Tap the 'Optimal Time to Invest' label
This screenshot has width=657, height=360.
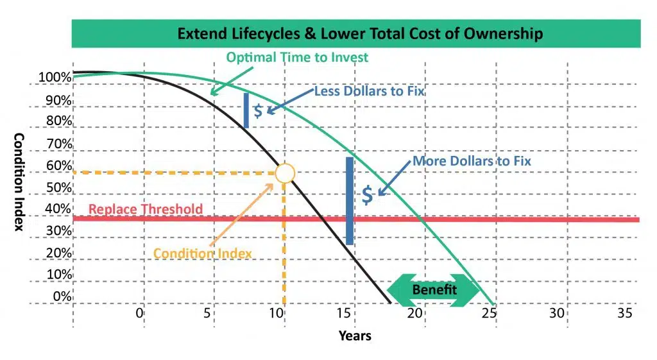(x=297, y=58)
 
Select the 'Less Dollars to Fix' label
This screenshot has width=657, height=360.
(x=369, y=91)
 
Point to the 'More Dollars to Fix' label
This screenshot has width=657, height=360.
(x=472, y=160)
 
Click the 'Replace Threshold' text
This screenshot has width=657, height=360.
(x=146, y=209)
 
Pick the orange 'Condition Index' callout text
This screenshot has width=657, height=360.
(x=203, y=253)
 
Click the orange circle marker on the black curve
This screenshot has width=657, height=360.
(x=285, y=173)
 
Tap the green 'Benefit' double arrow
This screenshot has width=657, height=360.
(x=434, y=289)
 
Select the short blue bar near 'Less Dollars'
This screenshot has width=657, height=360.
(x=246, y=110)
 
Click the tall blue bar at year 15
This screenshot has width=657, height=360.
(x=350, y=201)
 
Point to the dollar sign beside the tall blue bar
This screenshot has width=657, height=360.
(x=368, y=195)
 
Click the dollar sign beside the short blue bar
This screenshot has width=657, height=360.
(x=257, y=111)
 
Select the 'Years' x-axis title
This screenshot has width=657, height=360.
(x=355, y=336)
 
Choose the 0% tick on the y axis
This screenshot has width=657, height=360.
(x=62, y=296)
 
